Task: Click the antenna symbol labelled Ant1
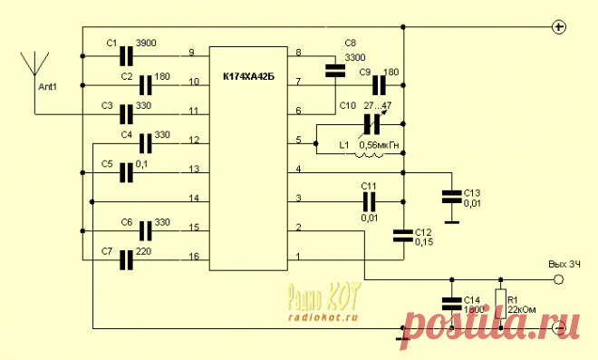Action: point(34,63)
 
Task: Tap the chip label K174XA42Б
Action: point(248,77)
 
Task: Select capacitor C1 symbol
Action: point(126,56)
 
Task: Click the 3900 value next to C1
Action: point(146,44)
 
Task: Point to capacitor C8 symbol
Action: point(335,71)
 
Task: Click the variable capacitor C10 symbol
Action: point(372,124)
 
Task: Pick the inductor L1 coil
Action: point(370,154)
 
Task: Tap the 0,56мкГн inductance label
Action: point(379,145)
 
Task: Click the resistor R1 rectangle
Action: point(501,304)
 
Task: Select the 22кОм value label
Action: point(521,309)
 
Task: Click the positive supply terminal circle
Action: point(559,27)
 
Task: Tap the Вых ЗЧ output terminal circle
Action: point(558,279)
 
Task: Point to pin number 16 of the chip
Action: point(194,257)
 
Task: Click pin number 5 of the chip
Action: point(299,140)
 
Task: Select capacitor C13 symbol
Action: point(451,197)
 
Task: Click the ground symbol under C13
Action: point(452,222)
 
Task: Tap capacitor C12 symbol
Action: point(403,236)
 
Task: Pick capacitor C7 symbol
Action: point(126,260)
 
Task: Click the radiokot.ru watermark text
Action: point(323,317)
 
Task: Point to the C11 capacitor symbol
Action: point(369,202)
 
